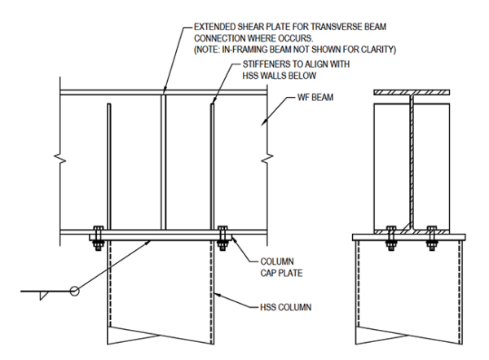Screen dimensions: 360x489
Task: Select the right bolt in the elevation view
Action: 222,236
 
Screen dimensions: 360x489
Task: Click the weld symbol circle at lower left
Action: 74,290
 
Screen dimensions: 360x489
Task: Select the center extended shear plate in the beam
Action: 162,163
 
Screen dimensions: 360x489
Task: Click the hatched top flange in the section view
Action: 412,92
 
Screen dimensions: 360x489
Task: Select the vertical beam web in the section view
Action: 412,163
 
